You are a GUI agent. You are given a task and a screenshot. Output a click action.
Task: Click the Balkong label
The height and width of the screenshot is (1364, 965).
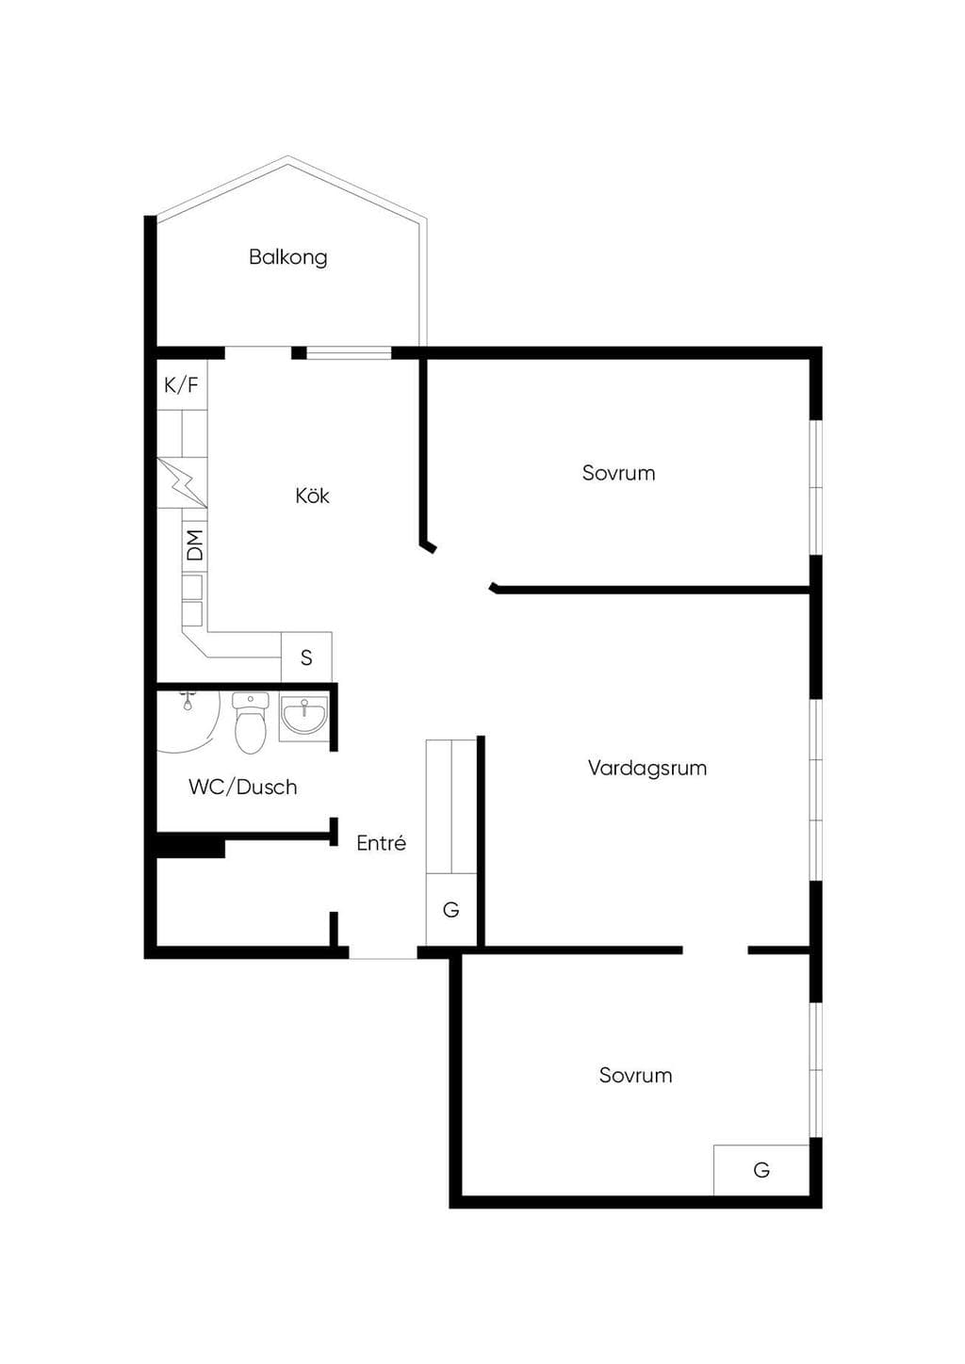(287, 257)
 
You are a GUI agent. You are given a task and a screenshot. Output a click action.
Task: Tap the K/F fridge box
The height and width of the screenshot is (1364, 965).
(182, 385)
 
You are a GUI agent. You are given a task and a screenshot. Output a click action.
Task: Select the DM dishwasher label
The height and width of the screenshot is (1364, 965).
(195, 545)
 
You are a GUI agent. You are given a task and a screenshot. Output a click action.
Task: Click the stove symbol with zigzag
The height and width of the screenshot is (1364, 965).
(182, 483)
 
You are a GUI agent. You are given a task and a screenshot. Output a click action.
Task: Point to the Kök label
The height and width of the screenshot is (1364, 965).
(312, 495)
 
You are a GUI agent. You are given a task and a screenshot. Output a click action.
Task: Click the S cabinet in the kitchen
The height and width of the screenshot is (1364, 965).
(306, 657)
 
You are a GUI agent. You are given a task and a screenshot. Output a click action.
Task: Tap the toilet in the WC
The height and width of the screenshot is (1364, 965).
(251, 723)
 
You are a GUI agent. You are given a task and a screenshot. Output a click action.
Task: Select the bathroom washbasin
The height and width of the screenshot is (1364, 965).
(303, 719)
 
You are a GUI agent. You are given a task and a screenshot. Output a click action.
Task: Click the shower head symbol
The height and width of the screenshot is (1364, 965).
(188, 701)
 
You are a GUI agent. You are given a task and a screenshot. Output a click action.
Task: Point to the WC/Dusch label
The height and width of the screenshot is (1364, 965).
(242, 788)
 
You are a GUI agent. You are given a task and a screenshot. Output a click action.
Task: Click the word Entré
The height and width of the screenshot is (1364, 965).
(381, 843)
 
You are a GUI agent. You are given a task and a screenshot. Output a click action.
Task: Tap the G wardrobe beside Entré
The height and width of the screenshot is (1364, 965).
(450, 910)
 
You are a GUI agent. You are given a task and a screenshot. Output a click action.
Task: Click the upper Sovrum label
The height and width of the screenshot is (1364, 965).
(618, 473)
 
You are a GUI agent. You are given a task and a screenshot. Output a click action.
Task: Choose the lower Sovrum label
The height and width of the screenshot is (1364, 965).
(635, 1076)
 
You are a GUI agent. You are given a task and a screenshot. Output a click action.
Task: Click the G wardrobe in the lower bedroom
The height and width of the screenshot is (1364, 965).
(761, 1170)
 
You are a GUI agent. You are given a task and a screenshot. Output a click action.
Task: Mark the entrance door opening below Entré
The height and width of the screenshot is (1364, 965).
(383, 952)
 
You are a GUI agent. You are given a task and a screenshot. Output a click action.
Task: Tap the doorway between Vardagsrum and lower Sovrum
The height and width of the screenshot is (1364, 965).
(715, 950)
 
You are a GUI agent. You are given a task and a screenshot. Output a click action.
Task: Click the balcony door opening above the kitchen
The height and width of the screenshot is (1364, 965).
(258, 353)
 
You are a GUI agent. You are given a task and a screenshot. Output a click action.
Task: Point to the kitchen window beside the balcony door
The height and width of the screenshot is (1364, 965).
(349, 353)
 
